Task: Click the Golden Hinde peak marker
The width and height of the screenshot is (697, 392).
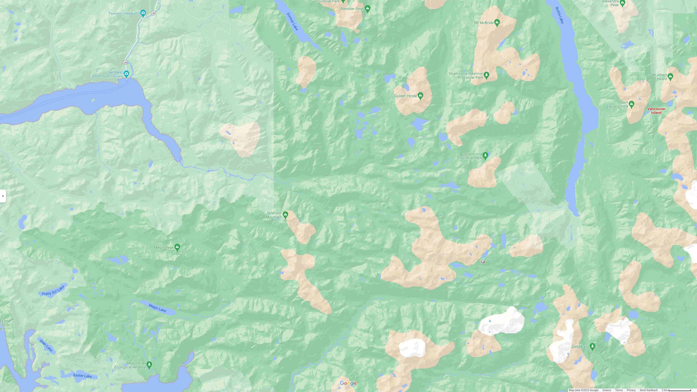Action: click(x=420, y=96)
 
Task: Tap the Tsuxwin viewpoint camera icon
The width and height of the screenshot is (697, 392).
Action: click(x=143, y=13)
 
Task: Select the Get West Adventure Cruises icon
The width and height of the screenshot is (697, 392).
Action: click(x=126, y=73)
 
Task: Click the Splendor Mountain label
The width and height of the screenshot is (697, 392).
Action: click(x=274, y=215)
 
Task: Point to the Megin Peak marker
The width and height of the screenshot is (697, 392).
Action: click(x=177, y=247)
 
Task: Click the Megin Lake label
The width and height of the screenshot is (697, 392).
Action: click(x=157, y=308)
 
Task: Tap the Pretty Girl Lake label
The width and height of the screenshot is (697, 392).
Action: click(x=53, y=290)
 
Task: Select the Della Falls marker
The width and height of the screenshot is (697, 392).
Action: click(x=592, y=346)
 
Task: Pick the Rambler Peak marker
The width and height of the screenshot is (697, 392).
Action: click(x=368, y=8)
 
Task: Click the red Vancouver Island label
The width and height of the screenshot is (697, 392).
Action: click(x=656, y=111)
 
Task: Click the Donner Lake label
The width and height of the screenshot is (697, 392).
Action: click(x=292, y=22)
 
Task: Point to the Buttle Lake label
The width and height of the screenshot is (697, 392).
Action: click(x=559, y=15)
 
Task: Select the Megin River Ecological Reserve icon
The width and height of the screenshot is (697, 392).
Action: click(x=149, y=364)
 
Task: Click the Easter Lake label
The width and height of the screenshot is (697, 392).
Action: click(x=82, y=376)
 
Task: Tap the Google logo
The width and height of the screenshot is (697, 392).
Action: click(x=348, y=383)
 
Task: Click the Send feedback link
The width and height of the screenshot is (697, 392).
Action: click(x=648, y=390)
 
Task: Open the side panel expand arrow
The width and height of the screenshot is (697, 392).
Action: click(x=3, y=196)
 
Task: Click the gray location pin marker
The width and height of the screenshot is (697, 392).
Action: click(x=483, y=261)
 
